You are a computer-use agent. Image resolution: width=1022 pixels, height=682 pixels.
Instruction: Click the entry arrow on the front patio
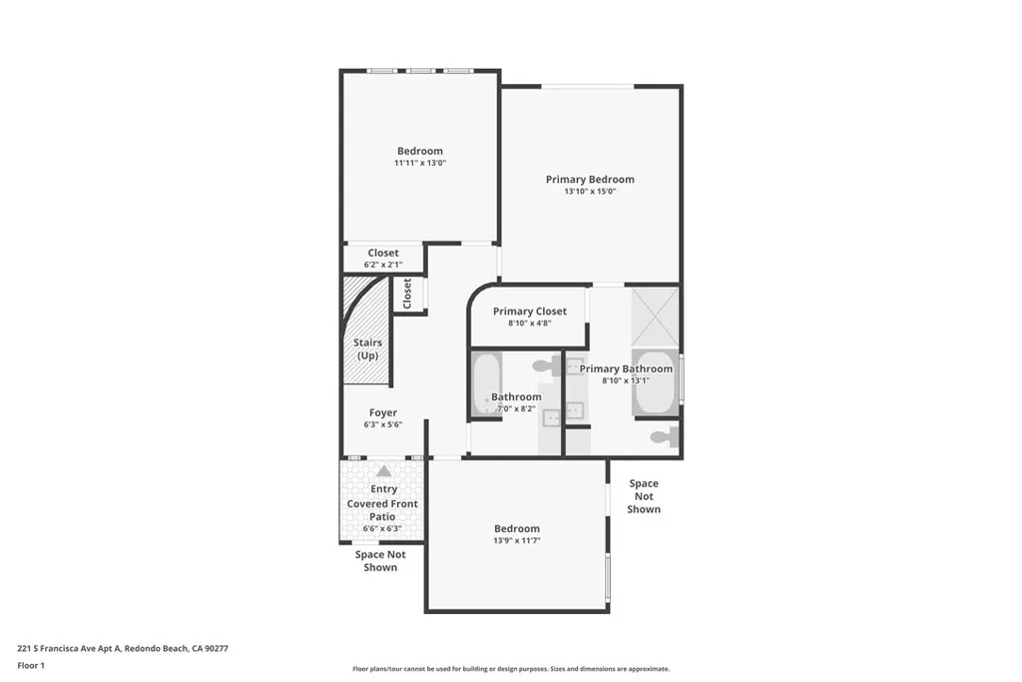[383, 471]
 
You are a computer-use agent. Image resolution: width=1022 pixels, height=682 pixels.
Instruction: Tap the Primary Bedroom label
[590, 180]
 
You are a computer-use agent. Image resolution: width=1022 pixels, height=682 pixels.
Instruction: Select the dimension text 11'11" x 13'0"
[419, 163]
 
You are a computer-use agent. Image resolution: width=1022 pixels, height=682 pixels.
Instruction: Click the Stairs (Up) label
[368, 348]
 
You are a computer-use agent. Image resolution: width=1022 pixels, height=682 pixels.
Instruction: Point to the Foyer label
[383, 412]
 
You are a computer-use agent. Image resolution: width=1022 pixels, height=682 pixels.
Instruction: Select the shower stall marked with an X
[656, 315]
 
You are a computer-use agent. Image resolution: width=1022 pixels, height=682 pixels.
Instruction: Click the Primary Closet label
[530, 312]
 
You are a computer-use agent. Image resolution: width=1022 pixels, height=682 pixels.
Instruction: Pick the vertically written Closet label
[407, 294]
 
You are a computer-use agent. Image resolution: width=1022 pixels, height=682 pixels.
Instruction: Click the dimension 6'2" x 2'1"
[383, 265]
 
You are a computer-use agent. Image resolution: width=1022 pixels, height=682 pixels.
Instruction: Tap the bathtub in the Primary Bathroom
[655, 382]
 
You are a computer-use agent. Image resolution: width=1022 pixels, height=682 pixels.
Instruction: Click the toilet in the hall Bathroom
[547, 366]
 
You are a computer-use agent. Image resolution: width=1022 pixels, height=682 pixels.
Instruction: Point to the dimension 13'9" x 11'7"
[516, 540]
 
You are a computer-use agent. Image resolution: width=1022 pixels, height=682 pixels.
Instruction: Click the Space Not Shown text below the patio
[380, 561]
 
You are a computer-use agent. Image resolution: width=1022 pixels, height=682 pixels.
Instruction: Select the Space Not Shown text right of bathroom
[644, 496]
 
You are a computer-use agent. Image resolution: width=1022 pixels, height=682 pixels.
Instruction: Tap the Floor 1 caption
[31, 665]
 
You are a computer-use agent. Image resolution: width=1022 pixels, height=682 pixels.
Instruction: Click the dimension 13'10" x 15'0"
[590, 192]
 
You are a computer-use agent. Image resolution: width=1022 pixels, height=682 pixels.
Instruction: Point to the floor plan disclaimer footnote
[510, 669]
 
